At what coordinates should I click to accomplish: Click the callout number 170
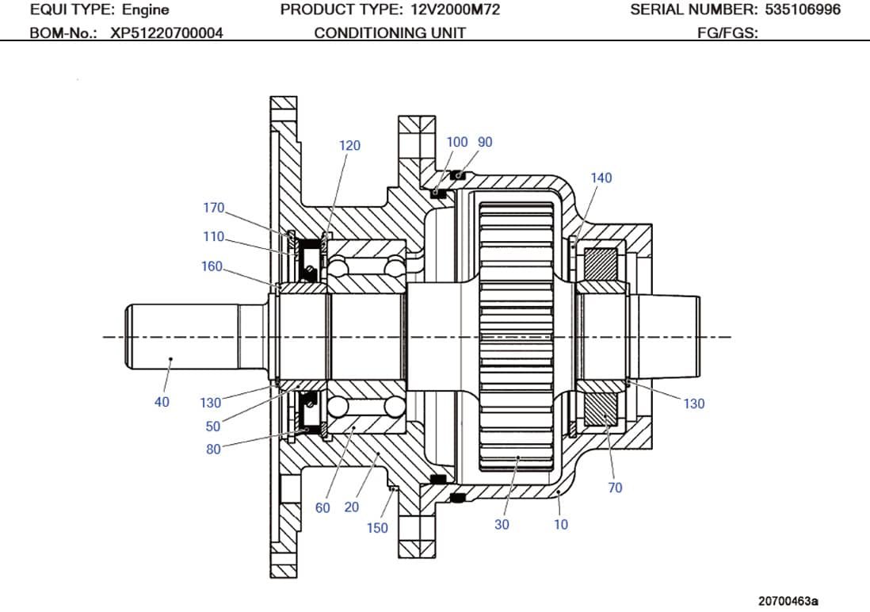tap(214, 208)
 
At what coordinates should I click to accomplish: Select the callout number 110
tap(214, 237)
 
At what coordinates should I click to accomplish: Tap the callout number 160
tap(212, 267)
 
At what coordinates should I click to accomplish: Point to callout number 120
tap(349, 146)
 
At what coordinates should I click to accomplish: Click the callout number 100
tap(457, 143)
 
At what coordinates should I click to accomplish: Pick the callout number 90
tap(485, 143)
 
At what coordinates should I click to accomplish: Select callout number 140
tap(601, 178)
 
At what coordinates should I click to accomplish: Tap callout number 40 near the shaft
tap(162, 403)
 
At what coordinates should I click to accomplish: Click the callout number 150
tap(377, 529)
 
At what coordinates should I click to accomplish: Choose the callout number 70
tap(615, 488)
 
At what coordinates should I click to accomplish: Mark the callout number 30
tap(502, 525)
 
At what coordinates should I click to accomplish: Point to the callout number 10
tap(560, 525)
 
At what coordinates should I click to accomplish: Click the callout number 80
tap(214, 450)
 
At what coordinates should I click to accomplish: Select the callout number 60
tap(322, 508)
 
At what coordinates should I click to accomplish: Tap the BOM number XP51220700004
tap(166, 33)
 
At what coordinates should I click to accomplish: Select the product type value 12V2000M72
tap(455, 10)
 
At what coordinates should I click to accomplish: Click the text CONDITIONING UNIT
tap(390, 33)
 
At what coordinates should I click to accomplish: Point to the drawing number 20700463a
tap(788, 601)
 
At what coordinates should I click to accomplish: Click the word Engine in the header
tap(145, 10)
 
